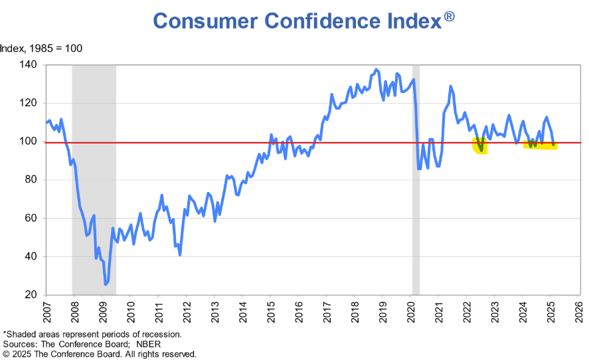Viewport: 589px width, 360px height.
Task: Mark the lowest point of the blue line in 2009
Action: pyautogui.click(x=105, y=284)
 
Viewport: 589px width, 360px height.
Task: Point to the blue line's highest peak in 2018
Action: pyautogui.click(x=377, y=69)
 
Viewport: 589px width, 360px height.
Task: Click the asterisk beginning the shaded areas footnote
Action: pyautogui.click(x=5, y=333)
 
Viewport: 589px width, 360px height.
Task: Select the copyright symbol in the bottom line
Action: pyautogui.click(x=5, y=354)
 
